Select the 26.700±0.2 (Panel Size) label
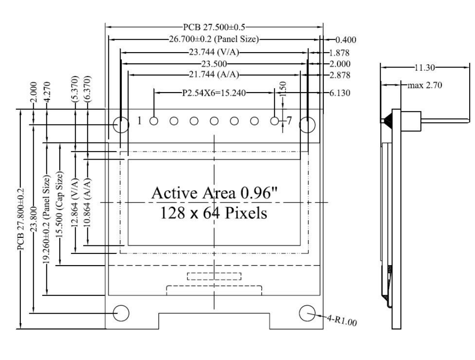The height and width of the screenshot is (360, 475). point(214,39)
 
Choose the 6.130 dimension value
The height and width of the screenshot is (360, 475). point(339,93)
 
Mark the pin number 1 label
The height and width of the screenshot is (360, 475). point(140,121)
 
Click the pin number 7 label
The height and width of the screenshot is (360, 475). point(289,121)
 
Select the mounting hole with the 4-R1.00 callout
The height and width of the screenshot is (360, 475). point(307,313)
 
